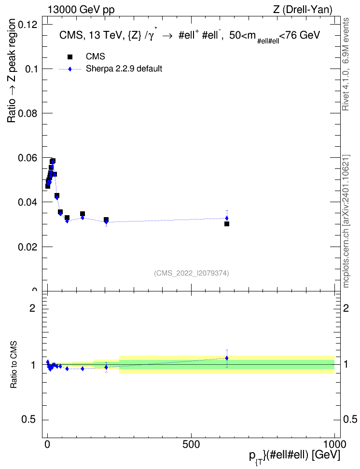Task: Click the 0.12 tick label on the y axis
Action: [28, 25]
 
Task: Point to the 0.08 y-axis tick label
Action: [28, 113]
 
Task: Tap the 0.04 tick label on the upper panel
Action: [28, 202]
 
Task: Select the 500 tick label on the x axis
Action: [191, 444]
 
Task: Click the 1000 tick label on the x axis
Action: [334, 444]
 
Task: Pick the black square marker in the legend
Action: [70, 57]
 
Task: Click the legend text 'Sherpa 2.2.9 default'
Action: [124, 69]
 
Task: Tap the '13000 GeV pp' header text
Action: [81, 10]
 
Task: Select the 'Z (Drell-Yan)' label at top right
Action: [303, 10]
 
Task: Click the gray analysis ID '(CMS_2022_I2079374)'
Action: [192, 273]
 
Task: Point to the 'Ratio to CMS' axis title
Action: [14, 365]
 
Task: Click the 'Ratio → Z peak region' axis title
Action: [12, 70]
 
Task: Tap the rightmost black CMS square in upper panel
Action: [227, 224]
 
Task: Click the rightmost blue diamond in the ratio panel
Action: [227, 358]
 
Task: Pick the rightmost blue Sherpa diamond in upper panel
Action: [227, 219]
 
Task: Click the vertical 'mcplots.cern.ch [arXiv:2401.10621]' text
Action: [346, 221]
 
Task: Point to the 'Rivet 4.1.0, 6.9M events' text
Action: [346, 64]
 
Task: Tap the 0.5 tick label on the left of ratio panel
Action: [28, 420]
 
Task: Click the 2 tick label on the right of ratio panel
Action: [346, 308]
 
